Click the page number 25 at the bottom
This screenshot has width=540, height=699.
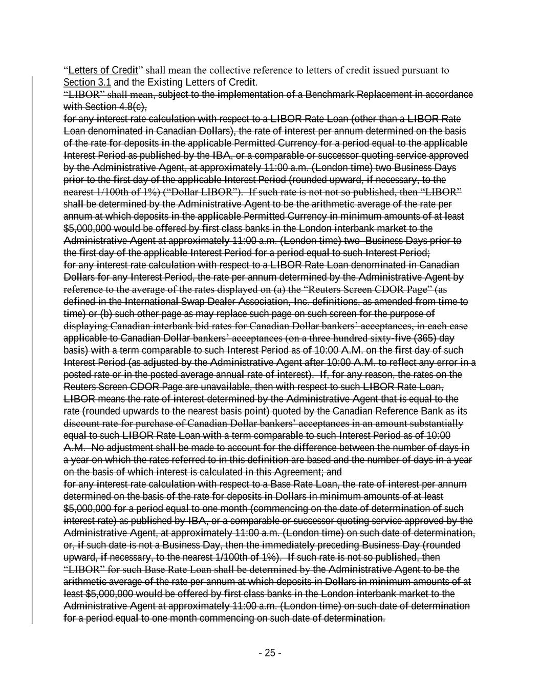pos(270,653)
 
